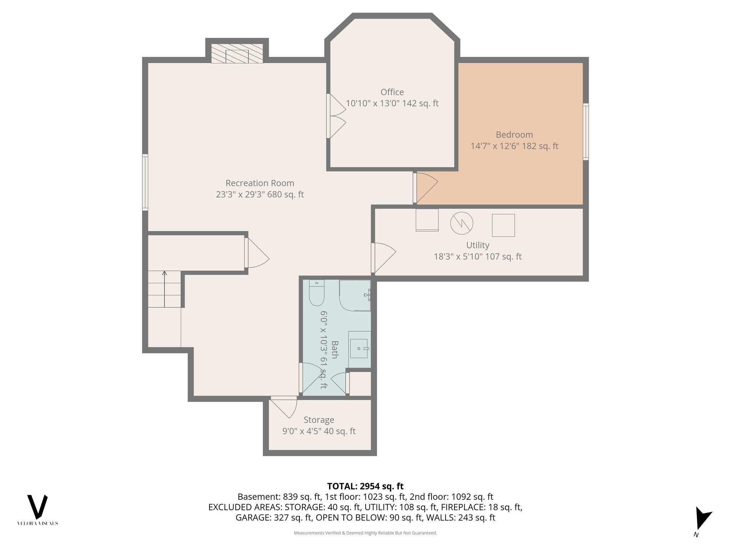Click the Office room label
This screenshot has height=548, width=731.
[392, 92]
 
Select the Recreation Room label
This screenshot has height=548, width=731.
[260, 183]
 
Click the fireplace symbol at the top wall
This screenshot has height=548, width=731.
[237, 54]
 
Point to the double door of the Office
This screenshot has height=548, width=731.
[337, 116]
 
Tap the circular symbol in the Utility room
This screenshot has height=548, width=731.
[462, 223]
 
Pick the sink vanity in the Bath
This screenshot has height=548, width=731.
[359, 349]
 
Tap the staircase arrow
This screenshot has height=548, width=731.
[165, 289]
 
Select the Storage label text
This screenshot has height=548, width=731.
[319, 420]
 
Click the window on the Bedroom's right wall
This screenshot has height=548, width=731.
[586, 131]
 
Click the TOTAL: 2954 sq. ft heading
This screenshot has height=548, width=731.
[365, 486]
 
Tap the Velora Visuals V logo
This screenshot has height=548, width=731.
[37, 507]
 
